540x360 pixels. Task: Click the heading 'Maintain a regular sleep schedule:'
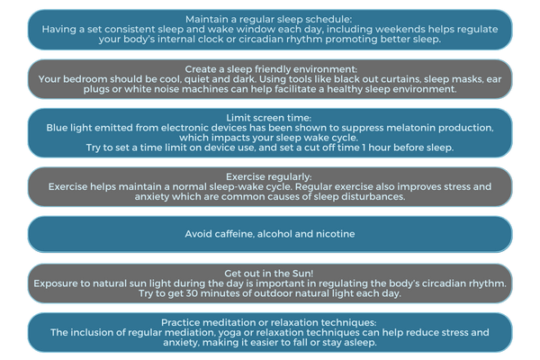click(268, 19)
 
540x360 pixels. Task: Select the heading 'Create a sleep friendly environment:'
click(271, 69)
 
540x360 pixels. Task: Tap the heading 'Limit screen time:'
click(268, 118)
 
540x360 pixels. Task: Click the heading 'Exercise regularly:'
click(268, 176)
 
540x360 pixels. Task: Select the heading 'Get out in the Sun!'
click(269, 274)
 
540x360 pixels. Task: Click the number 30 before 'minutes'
click(193, 293)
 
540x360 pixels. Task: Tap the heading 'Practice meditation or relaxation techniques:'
click(268, 322)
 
